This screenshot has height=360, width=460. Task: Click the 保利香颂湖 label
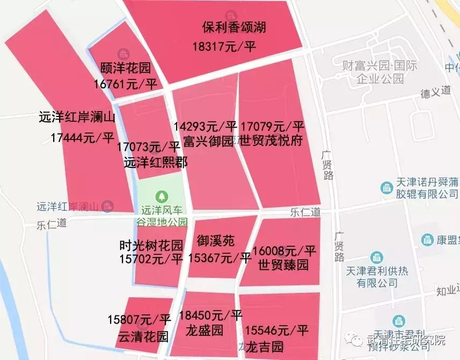tap(234, 27)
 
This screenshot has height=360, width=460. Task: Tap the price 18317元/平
tap(224, 47)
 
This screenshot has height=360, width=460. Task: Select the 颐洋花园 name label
tap(126, 68)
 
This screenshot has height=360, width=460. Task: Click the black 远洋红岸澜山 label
tap(77, 117)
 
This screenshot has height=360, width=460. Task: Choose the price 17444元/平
tap(83, 137)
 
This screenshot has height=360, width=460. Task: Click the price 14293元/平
tap(205, 127)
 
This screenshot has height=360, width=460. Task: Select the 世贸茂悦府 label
tap(272, 142)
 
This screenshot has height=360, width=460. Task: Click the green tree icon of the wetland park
tap(160, 197)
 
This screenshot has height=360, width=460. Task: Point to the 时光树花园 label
tap(151, 246)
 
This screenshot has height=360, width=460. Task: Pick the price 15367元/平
tap(220, 258)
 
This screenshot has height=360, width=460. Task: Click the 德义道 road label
tap(435, 92)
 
